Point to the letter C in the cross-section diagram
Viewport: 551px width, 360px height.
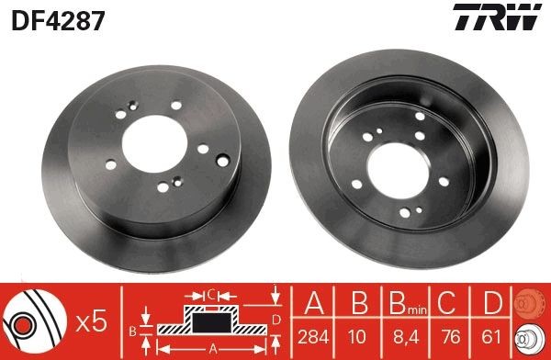(210, 295)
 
